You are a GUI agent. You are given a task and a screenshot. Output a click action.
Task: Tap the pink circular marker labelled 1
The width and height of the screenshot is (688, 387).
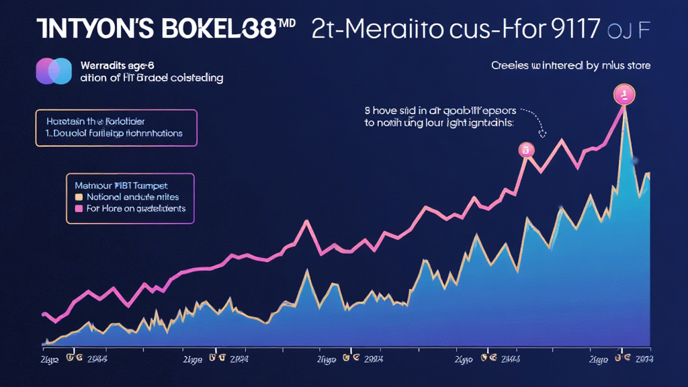click(623, 95)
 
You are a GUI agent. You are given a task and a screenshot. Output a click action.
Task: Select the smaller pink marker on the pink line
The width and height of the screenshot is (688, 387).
click(525, 150)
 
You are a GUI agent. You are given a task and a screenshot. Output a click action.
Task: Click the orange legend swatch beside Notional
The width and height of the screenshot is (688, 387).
click(79, 198)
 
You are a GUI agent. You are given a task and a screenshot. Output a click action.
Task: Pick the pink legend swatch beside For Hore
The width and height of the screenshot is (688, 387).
click(79, 209)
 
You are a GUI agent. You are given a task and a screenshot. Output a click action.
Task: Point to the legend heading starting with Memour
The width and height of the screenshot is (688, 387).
click(121, 185)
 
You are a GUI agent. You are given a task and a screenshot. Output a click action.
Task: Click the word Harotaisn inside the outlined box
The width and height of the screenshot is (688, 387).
click(68, 122)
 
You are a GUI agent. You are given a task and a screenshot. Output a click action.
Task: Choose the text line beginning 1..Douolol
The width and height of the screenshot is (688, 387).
click(112, 133)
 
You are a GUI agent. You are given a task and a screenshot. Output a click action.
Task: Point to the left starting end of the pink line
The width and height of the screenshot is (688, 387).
click(44, 314)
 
